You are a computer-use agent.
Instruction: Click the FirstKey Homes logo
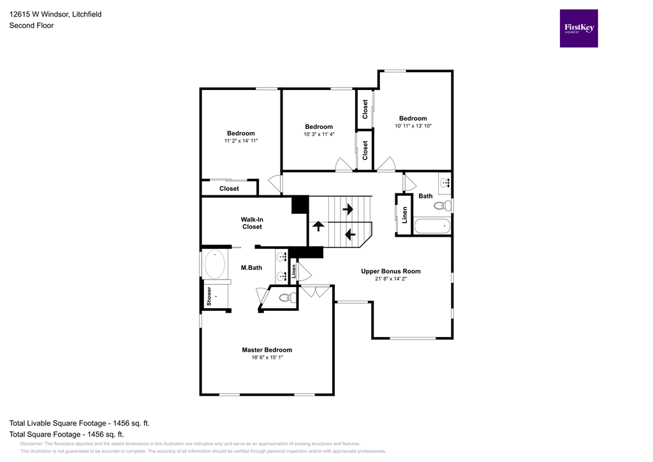point(578,28)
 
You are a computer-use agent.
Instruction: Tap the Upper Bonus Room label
point(390,271)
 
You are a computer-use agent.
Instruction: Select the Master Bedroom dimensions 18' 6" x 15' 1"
point(267,358)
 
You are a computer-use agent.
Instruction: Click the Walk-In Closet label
point(251,223)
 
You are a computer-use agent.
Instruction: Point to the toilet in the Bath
point(442,205)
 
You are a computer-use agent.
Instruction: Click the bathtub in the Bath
point(432,227)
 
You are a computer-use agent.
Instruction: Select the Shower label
point(209,297)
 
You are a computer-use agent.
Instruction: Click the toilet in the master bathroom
point(287,297)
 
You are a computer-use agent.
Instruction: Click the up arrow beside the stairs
point(317,226)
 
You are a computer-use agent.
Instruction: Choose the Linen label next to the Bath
point(404,215)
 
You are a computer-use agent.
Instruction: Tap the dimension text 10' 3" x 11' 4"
point(318,135)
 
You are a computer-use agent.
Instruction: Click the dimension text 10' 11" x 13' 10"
point(413,126)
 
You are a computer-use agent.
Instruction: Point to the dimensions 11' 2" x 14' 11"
point(240,141)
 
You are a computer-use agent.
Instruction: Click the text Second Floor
point(31,26)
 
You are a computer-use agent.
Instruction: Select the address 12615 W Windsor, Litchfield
point(55,14)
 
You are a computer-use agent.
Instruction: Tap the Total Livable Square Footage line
point(79,423)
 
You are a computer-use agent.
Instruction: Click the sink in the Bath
point(444,183)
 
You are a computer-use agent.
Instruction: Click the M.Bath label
point(251,268)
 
